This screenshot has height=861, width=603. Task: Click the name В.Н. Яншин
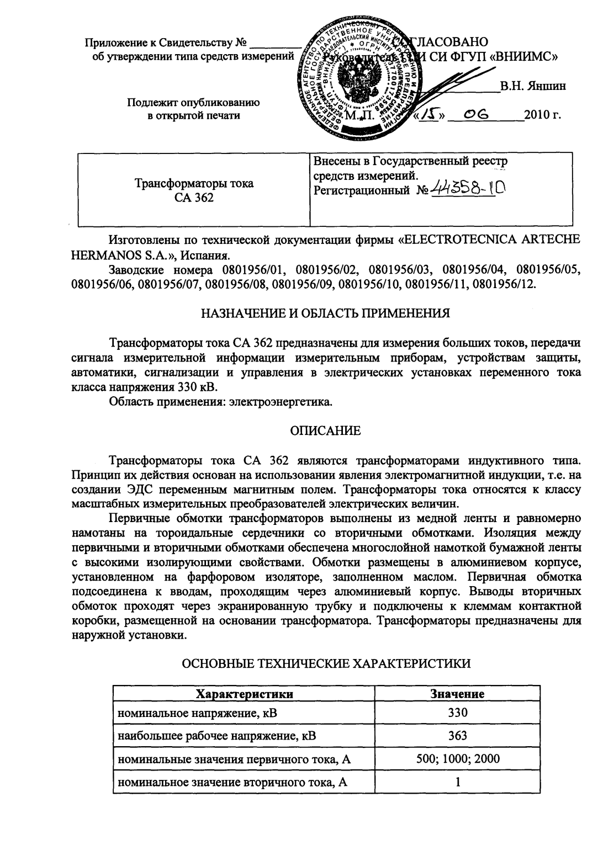[532, 86]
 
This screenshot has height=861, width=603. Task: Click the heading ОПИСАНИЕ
[326, 431]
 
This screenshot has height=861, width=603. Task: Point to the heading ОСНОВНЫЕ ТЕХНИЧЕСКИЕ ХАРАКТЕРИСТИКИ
[326, 663]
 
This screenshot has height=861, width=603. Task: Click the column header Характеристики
[245, 694]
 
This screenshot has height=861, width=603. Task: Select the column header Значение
[457, 694]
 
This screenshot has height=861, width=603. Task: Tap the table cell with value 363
[457, 736]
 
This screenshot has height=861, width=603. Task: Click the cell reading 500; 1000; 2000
[457, 758]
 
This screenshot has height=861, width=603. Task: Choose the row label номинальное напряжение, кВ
[197, 713]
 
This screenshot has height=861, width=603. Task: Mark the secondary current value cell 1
[457, 782]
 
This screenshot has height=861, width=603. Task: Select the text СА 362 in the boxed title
[194, 198]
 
